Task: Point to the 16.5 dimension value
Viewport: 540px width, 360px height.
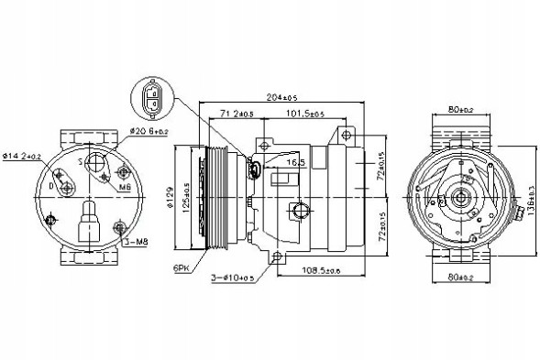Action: [x=294, y=161]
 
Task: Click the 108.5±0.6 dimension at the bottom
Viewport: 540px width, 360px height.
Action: [x=322, y=272]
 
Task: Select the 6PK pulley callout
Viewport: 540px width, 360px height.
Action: [x=179, y=267]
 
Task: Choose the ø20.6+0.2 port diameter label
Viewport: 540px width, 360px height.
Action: [x=149, y=132]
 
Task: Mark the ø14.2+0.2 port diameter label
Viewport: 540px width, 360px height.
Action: [x=22, y=157]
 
